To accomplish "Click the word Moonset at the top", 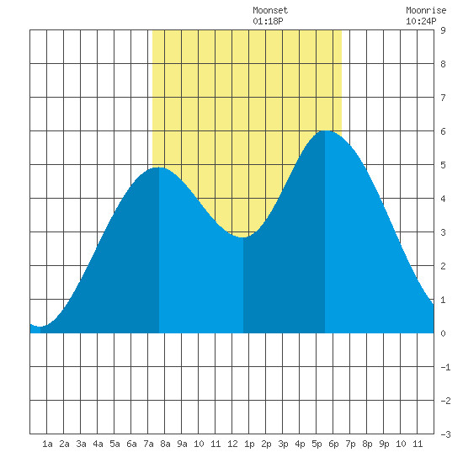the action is tap(270, 10).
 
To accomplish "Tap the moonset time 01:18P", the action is tap(268, 21).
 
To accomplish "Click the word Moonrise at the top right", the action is tap(426, 10).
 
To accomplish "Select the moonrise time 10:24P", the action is tap(421, 21).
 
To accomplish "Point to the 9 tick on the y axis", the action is tap(443, 30).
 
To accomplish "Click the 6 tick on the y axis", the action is tap(443, 131).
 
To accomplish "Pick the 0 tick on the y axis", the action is tap(443, 333).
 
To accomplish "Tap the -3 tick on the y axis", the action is tap(445, 434).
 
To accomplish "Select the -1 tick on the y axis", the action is tap(445, 367).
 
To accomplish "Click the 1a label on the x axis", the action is tap(47, 444).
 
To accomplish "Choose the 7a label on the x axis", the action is tap(148, 444).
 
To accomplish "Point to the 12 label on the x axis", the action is tap(232, 444).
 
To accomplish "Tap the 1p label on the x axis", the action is tap(249, 444).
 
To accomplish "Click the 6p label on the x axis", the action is tap(333, 444).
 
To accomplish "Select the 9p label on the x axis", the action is tap(384, 444).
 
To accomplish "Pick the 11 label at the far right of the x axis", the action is tap(418, 444).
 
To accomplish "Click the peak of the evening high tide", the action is tap(325, 130).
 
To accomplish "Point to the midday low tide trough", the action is tap(243, 237).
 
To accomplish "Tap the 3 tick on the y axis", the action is tap(443, 232).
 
